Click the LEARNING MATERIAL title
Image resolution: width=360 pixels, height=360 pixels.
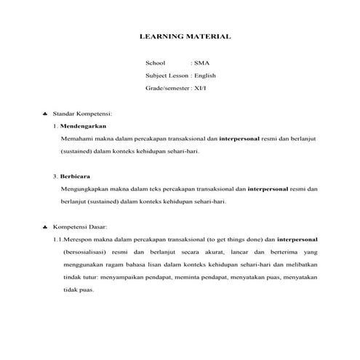(x=185, y=36)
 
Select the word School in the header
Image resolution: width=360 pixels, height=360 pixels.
(x=155, y=63)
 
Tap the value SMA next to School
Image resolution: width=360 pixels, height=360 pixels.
(x=200, y=63)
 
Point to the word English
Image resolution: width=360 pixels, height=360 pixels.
(x=205, y=76)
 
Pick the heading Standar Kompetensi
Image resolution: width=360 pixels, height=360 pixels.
(x=81, y=114)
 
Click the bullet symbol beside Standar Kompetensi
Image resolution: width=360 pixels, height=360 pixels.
(x=46, y=114)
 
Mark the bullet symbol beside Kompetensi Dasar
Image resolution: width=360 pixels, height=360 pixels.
(x=46, y=227)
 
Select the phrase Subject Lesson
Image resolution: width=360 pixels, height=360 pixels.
(x=166, y=76)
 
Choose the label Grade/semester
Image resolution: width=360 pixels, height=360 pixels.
(x=167, y=87)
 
